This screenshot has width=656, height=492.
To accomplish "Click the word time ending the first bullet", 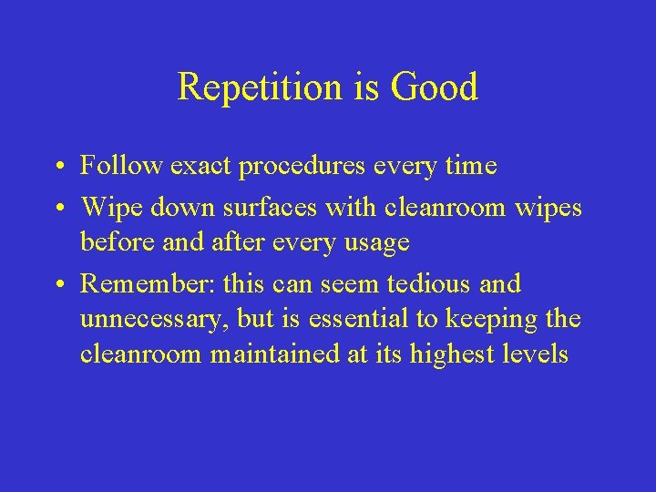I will (x=471, y=166).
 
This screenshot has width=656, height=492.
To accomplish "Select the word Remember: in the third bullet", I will (x=147, y=283).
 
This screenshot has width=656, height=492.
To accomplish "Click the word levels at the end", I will (x=536, y=354).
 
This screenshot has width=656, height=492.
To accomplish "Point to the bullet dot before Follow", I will (x=57, y=167).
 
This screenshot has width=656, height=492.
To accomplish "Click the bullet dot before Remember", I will (x=57, y=284).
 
